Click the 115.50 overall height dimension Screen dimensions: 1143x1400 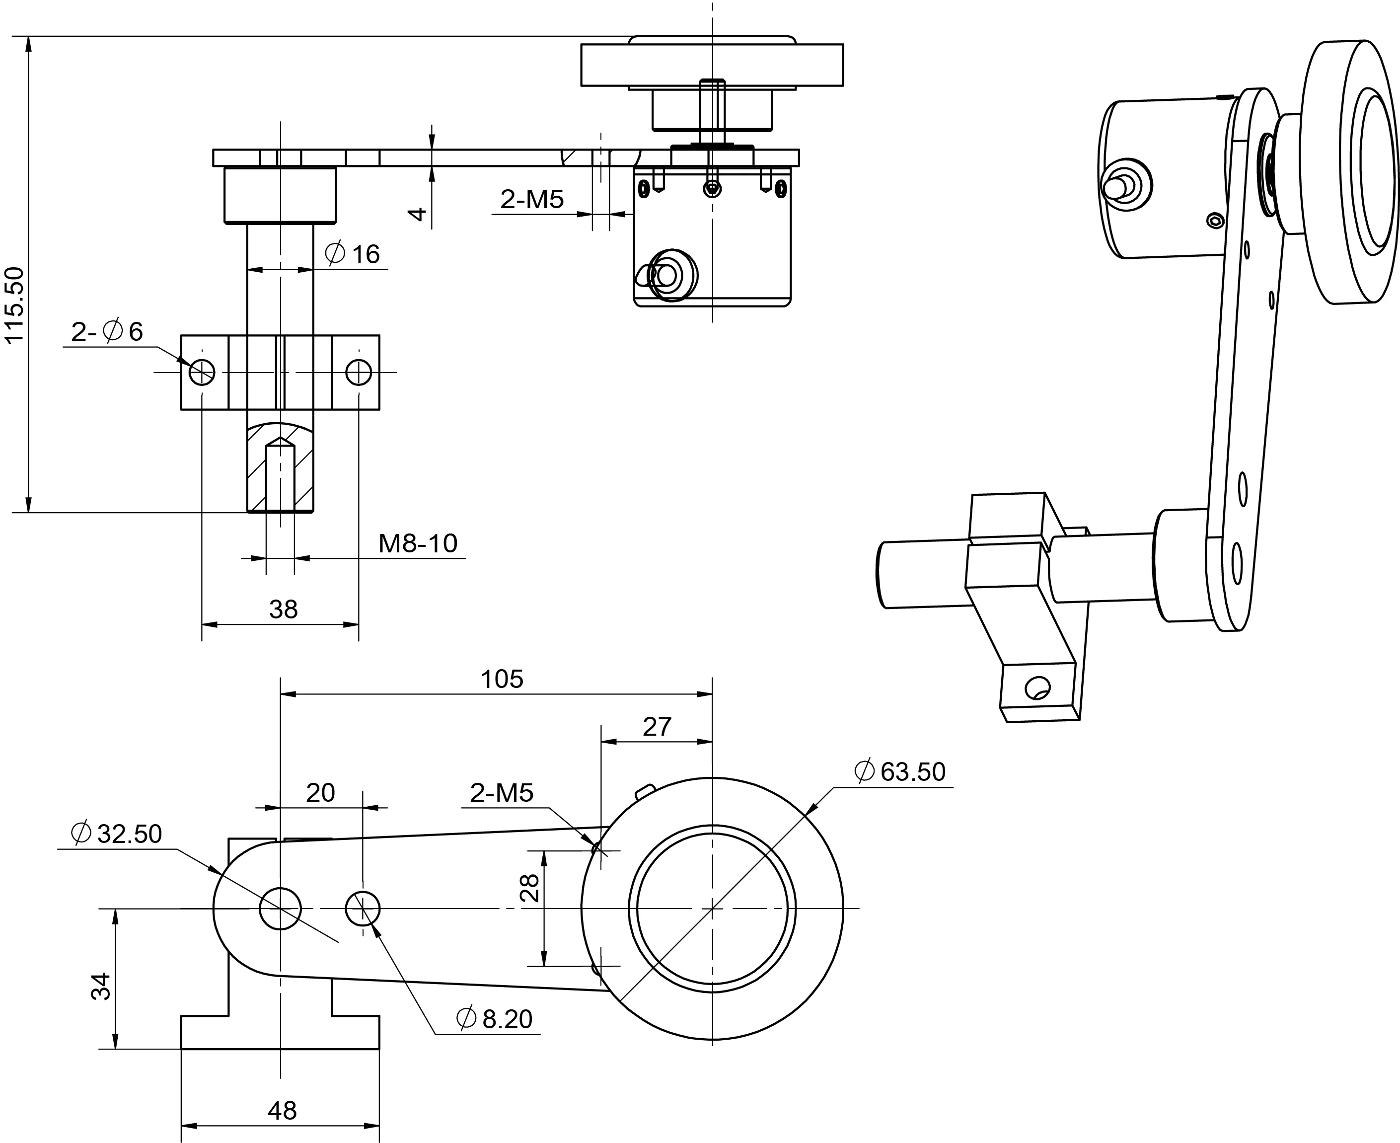(14, 305)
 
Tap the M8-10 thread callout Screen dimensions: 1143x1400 (417, 543)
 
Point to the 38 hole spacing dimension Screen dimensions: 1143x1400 (283, 609)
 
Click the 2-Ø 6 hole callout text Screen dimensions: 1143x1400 (107, 331)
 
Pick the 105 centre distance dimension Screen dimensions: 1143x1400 (502, 679)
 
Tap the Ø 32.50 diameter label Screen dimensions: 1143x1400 (117, 834)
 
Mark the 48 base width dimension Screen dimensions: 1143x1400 (282, 1111)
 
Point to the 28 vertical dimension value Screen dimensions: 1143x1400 (530, 888)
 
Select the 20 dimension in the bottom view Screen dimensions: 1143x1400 (320, 793)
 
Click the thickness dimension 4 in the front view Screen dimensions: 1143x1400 (417, 214)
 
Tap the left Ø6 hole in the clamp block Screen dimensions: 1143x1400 (202, 372)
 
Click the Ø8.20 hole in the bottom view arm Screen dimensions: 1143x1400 (363, 909)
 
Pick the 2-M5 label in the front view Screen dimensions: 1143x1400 (532, 199)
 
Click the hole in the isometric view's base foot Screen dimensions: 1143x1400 (1037, 688)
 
